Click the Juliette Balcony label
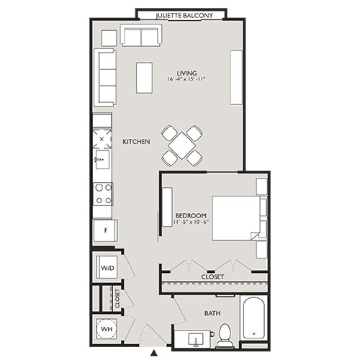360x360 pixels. click(181, 14)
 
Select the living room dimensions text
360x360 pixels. click(186, 79)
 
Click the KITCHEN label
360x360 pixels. click(136, 142)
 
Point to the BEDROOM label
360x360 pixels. click(192, 215)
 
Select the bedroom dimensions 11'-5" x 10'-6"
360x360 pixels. click(192, 223)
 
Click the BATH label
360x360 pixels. click(212, 313)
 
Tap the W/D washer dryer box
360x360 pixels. click(107, 268)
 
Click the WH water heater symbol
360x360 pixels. click(107, 328)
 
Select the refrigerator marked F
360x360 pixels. click(104, 231)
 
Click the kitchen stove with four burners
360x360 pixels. click(103, 193)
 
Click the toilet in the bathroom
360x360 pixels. click(225, 333)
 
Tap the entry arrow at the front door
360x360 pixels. click(153, 352)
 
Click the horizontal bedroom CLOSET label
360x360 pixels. click(212, 277)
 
